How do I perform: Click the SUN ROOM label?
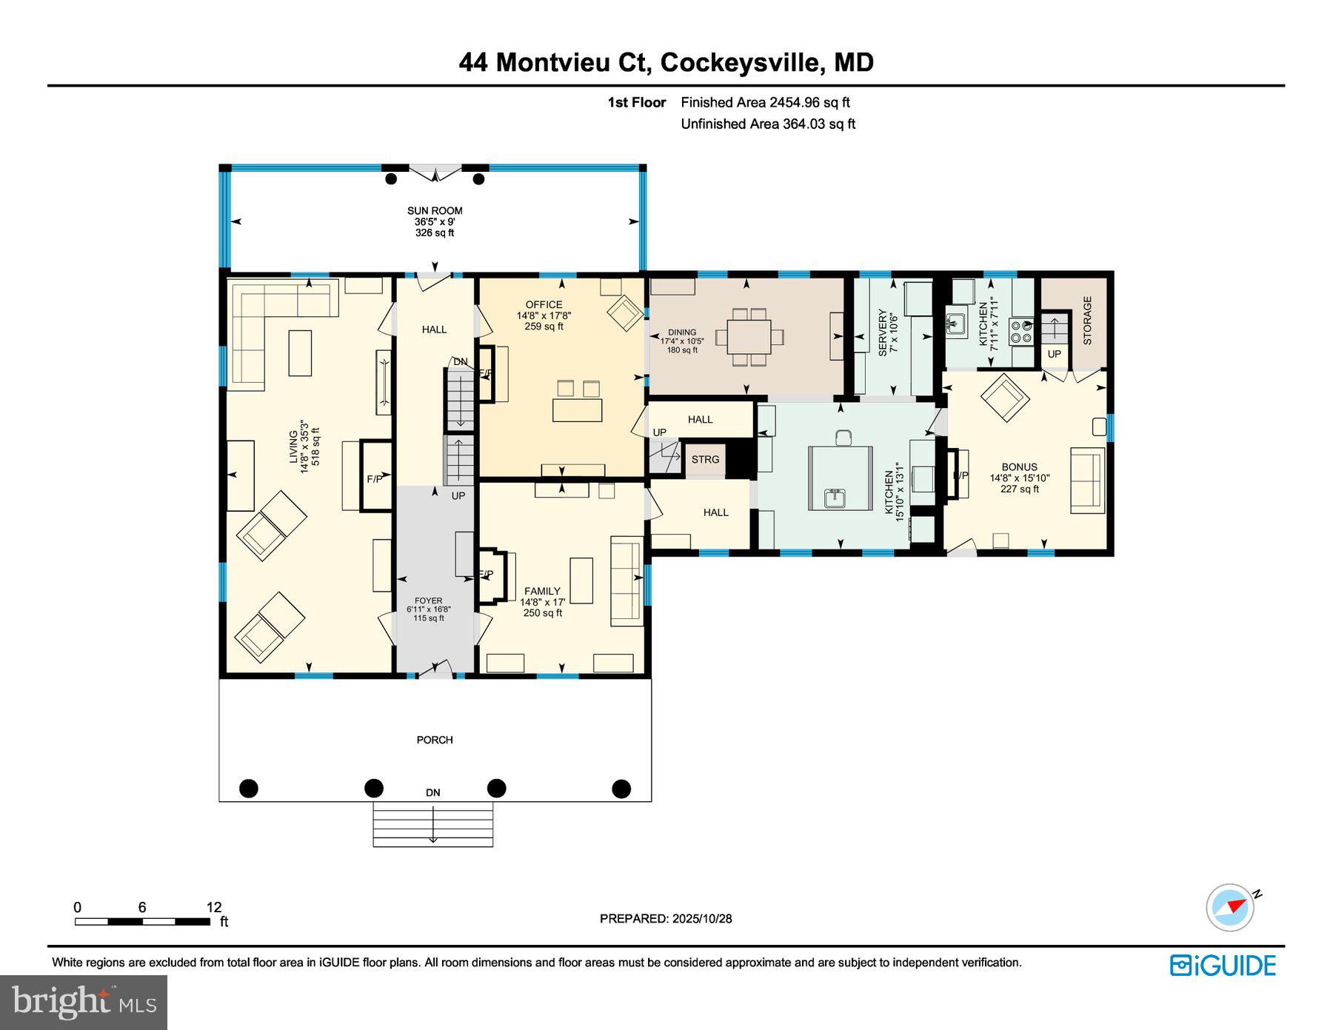click(x=435, y=211)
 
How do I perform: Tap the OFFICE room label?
click(x=544, y=304)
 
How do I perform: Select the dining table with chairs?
click(x=748, y=337)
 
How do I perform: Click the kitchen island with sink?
click(x=835, y=478)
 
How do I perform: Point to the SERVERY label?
click(x=882, y=333)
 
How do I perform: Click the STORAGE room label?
click(x=1087, y=321)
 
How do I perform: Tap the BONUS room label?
click(x=1019, y=467)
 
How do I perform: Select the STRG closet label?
click(x=705, y=460)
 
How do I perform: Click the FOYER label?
click(x=428, y=601)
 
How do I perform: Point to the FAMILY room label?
click(x=542, y=591)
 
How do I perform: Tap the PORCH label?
click(x=435, y=740)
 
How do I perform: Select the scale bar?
click(x=142, y=921)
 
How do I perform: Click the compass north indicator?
click(x=1232, y=906)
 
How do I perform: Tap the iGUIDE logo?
click(x=1223, y=966)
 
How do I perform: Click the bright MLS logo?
click(x=84, y=1003)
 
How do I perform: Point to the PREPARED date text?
click(x=666, y=918)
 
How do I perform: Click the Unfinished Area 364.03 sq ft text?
click(x=768, y=124)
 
